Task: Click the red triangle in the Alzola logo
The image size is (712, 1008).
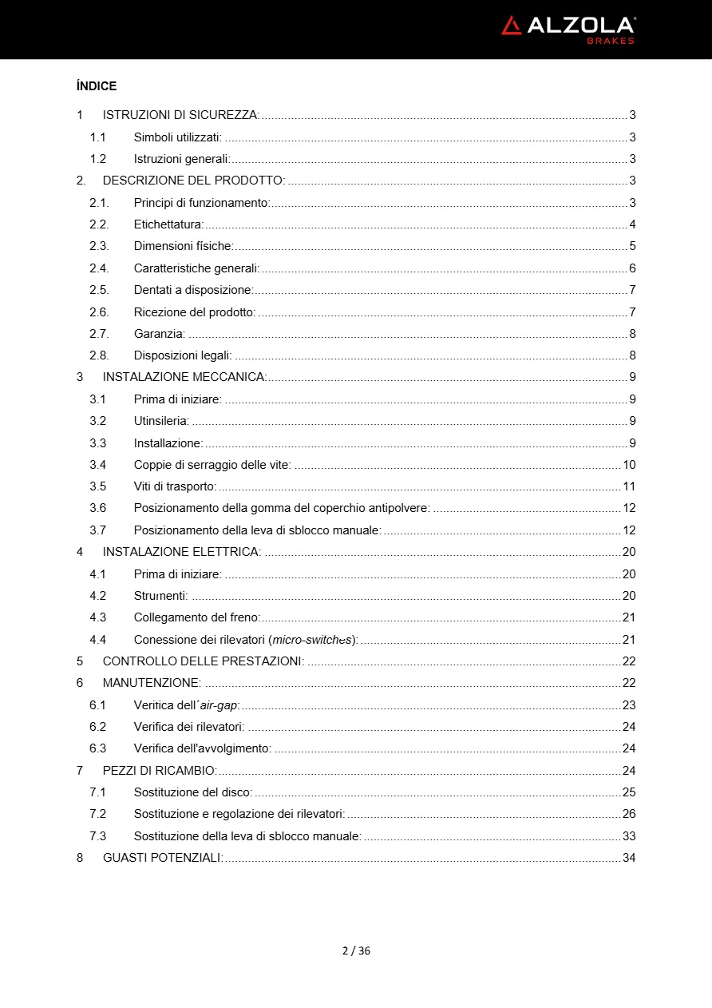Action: pos(511,26)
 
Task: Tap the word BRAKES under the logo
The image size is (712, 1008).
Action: pos(611,41)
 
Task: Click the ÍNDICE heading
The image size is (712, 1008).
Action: pos(97,86)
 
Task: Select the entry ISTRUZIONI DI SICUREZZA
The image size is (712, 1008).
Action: pos(180,115)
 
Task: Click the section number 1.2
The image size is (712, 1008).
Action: pos(97,159)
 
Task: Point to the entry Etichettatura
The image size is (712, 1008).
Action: pos(168,224)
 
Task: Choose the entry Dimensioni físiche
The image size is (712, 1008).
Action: pos(183,246)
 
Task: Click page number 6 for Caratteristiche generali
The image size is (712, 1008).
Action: pos(632,268)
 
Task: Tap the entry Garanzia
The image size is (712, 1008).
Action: pos(159,334)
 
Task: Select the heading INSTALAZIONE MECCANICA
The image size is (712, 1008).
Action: pos(184,377)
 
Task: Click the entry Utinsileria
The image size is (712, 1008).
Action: pos(161,421)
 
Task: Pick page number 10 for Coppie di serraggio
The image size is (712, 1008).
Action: pos(629,465)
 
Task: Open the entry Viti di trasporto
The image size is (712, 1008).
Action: pos(175,486)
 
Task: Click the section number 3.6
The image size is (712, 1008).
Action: pos(97,508)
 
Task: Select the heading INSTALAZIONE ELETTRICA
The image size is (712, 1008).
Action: pos(181,552)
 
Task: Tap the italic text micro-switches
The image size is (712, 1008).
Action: pos(312,639)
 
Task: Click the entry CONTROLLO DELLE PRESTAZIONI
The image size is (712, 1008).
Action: pos(203,661)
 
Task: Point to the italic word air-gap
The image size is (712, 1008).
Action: pos(220,705)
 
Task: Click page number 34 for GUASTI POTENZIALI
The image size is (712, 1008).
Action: pos(629,858)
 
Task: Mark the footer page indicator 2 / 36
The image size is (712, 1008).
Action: pos(356,950)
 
